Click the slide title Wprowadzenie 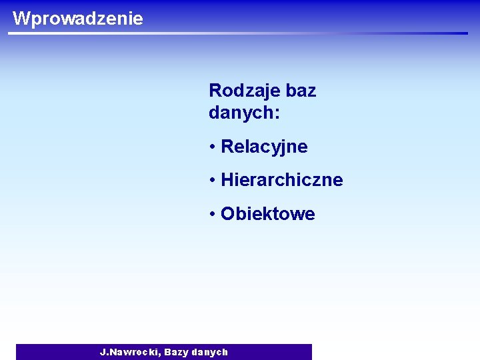pyautogui.click(x=77, y=18)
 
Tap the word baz pyautogui.click(x=301, y=91)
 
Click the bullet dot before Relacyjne pyautogui.click(x=212, y=147)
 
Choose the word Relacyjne pyautogui.click(x=264, y=147)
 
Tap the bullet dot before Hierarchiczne pyautogui.click(x=212, y=180)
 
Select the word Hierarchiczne pyautogui.click(x=281, y=180)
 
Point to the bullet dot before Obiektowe pyautogui.click(x=212, y=214)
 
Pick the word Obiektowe pyautogui.click(x=267, y=214)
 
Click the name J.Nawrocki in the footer pyautogui.click(x=129, y=351)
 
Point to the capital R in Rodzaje pyautogui.click(x=215, y=91)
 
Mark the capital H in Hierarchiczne pyautogui.click(x=227, y=180)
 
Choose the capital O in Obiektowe pyautogui.click(x=227, y=214)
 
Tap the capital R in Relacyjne pyautogui.click(x=227, y=147)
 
